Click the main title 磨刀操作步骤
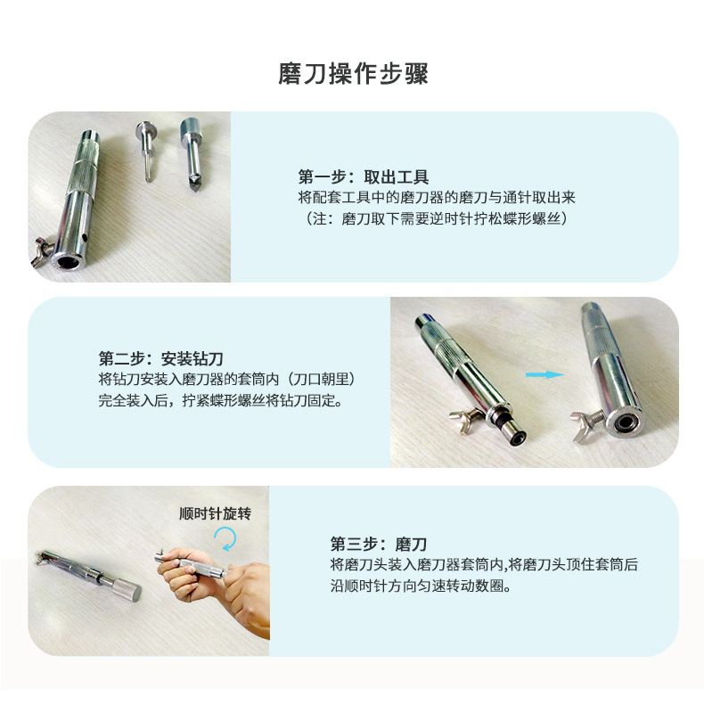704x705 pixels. point(353,74)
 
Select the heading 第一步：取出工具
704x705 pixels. point(364,176)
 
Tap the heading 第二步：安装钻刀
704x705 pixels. point(161,359)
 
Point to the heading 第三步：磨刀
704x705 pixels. point(378,544)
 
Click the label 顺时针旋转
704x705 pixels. point(215,513)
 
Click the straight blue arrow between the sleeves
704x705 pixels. point(544,374)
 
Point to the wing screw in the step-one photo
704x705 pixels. point(42,250)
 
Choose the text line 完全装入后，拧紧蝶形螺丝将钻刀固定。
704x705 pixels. point(221,400)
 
